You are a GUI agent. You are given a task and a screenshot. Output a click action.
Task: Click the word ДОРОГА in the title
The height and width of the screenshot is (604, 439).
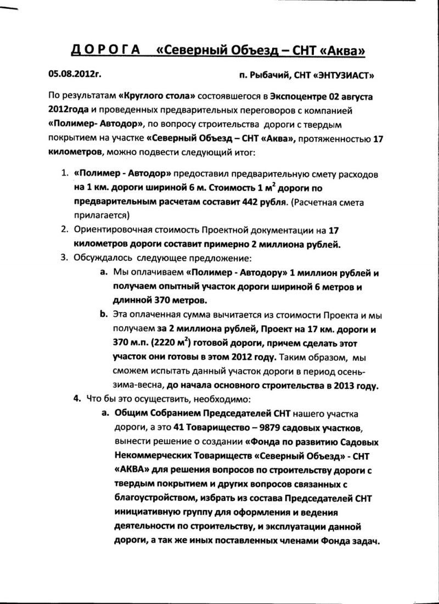coord(105,51)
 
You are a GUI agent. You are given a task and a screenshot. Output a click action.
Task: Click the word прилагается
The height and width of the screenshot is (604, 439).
coord(100,215)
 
